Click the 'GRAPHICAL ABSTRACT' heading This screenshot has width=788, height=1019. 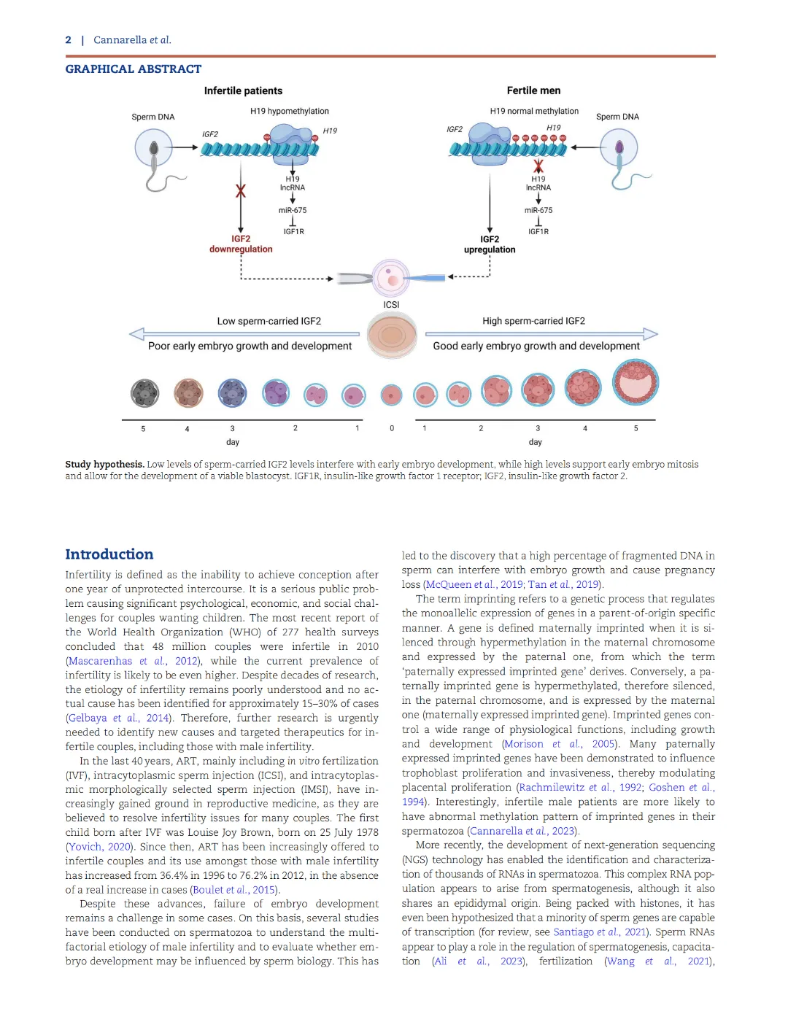(x=134, y=69)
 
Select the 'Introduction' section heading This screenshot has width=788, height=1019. (x=109, y=554)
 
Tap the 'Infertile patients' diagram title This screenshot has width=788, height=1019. (x=243, y=90)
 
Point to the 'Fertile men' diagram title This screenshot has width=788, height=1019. (x=533, y=90)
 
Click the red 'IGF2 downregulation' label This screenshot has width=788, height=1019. (x=241, y=244)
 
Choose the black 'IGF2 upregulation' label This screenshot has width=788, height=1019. (x=489, y=244)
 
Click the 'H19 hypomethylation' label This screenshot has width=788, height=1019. (x=290, y=111)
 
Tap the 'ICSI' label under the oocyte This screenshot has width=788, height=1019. (x=391, y=305)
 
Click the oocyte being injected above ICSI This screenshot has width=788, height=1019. (x=391, y=278)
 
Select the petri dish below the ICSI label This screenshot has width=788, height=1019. (x=392, y=336)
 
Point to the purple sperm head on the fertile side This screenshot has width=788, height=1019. (x=619, y=148)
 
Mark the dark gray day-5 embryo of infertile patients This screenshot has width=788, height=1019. (x=144, y=393)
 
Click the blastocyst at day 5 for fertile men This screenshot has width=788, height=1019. (x=635, y=382)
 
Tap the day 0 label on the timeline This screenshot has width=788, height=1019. (x=392, y=428)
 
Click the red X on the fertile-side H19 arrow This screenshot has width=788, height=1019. (x=538, y=166)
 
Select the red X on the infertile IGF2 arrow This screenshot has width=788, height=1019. (x=241, y=191)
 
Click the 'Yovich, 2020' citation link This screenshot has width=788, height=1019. (x=99, y=846)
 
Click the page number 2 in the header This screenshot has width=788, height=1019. (x=68, y=40)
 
